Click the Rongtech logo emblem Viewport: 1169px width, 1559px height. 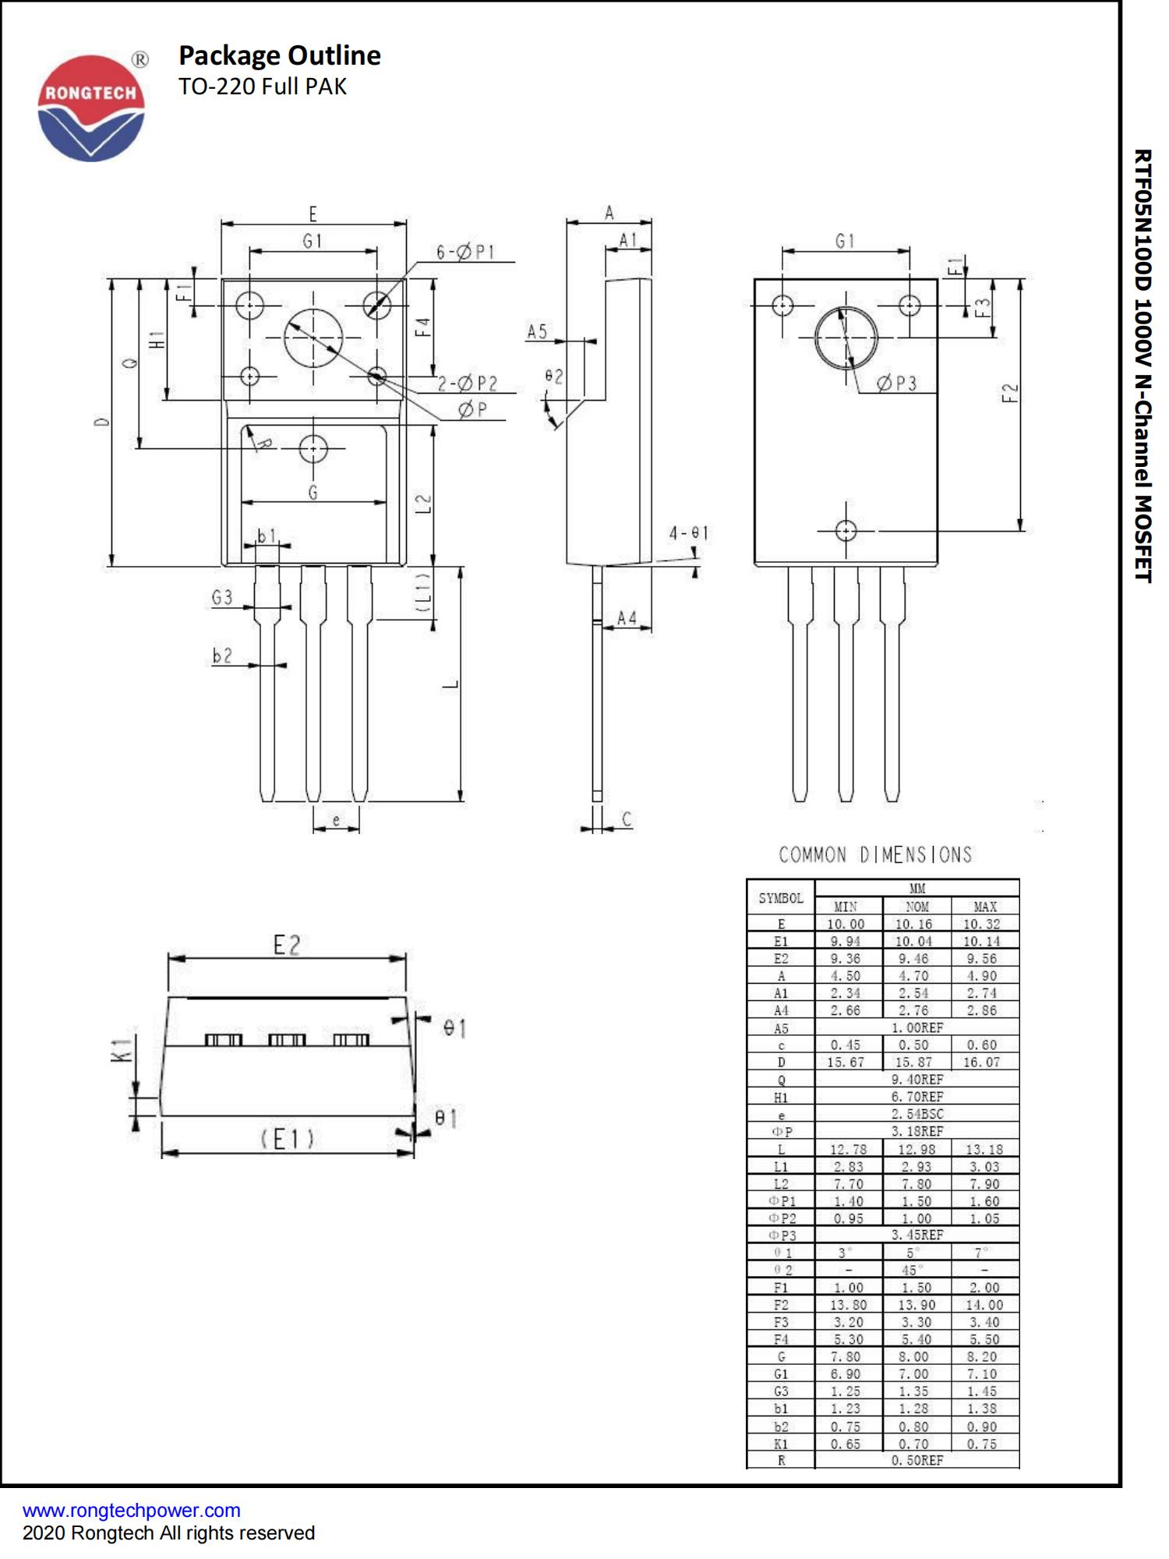(91, 108)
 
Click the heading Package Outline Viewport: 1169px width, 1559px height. (279, 55)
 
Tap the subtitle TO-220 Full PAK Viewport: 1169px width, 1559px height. (262, 87)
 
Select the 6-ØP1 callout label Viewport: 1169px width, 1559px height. (465, 252)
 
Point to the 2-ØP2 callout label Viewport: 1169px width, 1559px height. (467, 383)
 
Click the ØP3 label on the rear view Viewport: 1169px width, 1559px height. (896, 383)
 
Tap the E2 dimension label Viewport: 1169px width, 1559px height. (286, 945)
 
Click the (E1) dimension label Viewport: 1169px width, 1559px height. (287, 1139)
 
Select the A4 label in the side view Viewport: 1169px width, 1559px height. (627, 618)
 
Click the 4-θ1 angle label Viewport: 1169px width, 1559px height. (688, 533)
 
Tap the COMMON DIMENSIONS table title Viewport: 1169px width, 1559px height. (875, 855)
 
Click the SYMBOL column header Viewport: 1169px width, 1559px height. (780, 898)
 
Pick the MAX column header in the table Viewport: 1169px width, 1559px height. (984, 907)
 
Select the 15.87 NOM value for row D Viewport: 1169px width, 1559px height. (913, 1062)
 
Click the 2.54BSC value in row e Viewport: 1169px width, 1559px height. (916, 1114)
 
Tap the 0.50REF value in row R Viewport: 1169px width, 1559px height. (916, 1460)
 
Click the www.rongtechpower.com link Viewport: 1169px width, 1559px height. (131, 1510)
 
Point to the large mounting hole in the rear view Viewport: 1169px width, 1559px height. (846, 338)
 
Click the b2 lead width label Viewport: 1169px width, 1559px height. (222, 656)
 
